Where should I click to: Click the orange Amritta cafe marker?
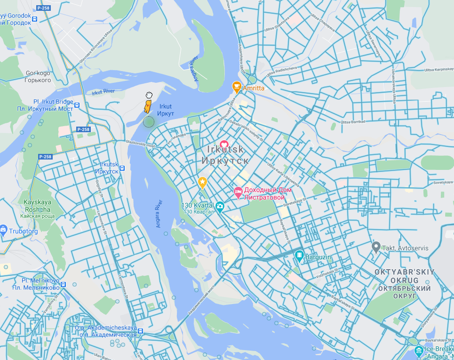237,87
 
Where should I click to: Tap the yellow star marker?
202,182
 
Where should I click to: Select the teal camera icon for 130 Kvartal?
219,206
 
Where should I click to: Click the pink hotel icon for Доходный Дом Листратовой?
238,191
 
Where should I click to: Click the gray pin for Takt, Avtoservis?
375,246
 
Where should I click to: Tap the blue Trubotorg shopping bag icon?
3,230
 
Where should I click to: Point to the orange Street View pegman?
148,106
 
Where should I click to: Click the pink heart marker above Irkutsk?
224,144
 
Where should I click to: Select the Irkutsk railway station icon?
122,168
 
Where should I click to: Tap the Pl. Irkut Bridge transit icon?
77,105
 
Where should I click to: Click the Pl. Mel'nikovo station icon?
63,284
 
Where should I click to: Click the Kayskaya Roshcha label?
37,206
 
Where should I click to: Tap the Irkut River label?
103,91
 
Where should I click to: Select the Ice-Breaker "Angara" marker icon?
418,351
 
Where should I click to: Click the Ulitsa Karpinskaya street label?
438,70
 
